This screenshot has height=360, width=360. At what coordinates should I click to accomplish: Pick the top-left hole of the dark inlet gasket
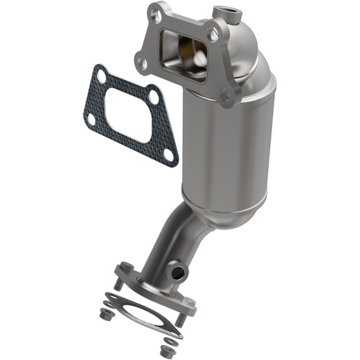tap(102, 74)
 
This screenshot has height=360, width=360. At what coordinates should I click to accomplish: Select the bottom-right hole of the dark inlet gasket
tap(168, 154)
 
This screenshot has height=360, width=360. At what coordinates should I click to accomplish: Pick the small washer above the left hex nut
tap(109, 302)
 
